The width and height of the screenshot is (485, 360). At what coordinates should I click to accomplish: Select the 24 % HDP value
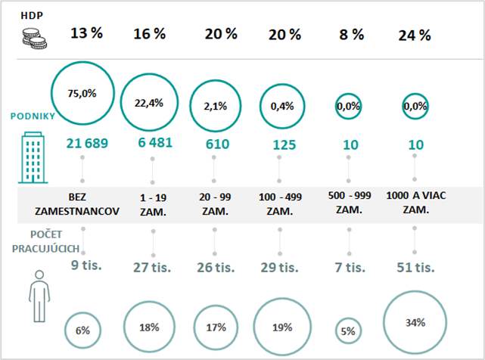coord(415,35)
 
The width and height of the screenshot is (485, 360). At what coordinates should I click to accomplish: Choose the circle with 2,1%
coord(215,106)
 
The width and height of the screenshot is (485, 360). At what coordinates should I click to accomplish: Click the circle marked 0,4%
coord(281,106)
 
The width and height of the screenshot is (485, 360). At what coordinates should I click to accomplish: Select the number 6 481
coord(152,143)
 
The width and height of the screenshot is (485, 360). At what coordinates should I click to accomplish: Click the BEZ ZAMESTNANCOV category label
coord(82,203)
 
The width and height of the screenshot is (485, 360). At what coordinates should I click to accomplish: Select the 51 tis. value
coord(415,266)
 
